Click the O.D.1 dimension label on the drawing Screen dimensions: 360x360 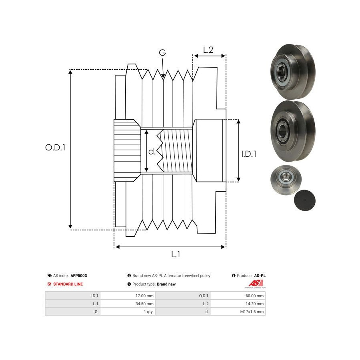[55, 147]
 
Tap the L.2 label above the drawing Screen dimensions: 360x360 [208, 50]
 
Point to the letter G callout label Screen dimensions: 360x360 [162, 53]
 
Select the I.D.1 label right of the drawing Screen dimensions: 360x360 [249, 153]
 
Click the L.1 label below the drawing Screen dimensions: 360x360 [176, 254]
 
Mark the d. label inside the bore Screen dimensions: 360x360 [152, 152]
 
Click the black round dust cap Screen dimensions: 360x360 [304, 200]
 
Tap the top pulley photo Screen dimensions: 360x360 [292, 72]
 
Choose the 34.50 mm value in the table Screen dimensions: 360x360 [144, 304]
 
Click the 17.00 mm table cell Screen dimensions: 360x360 [144, 296]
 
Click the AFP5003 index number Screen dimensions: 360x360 [79, 276]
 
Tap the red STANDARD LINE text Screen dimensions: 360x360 [68, 284]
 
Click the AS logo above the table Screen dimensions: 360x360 [256, 284]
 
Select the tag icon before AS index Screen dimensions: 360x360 [49, 276]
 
